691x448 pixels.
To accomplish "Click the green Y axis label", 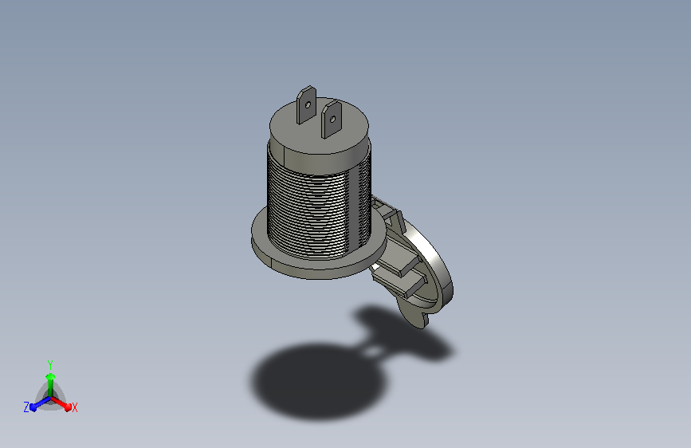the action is pyautogui.click(x=50, y=365).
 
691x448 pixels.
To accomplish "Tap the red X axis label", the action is pyautogui.click(x=74, y=408).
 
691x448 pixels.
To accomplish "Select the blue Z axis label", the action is pyautogui.click(x=26, y=407).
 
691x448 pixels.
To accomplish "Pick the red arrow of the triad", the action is pyautogui.click(x=61, y=403).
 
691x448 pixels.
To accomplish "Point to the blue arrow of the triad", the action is pyautogui.click(x=40, y=403).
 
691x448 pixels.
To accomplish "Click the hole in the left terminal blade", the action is pyautogui.click(x=308, y=105).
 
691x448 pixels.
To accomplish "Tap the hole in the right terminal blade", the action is pyautogui.click(x=332, y=119).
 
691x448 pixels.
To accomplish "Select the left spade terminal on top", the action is pyautogui.click(x=306, y=105).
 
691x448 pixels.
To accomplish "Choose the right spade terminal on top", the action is pyautogui.click(x=331, y=120).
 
